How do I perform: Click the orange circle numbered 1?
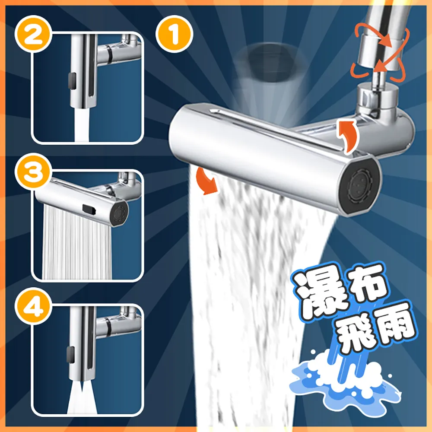[x=175, y=35]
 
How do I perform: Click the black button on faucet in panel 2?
[x=71, y=80]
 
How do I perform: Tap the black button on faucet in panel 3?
[x=90, y=210]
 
